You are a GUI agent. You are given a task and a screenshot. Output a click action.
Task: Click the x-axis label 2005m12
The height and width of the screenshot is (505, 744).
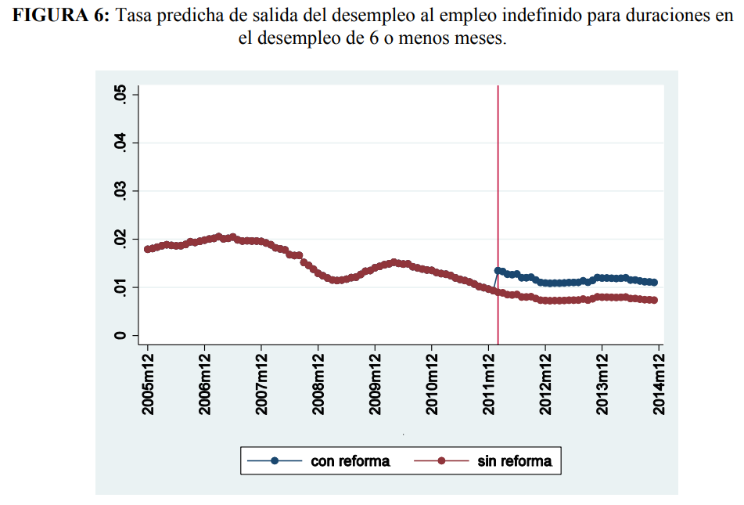[x=148, y=383]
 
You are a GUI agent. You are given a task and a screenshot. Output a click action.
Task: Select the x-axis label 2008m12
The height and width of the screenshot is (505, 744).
[x=318, y=383]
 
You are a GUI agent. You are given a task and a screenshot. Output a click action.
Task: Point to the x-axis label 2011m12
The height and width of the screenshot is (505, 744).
[x=489, y=383]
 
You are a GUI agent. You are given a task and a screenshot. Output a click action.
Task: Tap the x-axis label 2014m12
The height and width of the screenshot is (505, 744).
[x=660, y=383]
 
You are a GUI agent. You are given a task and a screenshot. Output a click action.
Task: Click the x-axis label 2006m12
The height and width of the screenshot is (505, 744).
[x=204, y=383]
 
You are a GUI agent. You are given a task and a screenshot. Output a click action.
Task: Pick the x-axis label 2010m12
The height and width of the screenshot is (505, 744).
[x=432, y=383]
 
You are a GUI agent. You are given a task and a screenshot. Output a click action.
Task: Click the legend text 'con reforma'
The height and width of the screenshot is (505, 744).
[x=350, y=461]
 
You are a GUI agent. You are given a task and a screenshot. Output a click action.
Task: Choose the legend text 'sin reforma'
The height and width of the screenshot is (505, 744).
[x=514, y=461]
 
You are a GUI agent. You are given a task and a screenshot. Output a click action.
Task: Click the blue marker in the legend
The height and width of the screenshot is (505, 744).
[x=275, y=461]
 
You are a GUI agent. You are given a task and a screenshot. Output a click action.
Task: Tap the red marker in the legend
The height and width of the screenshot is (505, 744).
[x=441, y=461]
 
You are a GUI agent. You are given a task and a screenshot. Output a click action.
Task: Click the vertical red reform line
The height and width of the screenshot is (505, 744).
[x=498, y=196]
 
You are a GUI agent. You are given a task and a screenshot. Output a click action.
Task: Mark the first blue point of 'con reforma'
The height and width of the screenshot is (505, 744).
[x=498, y=271]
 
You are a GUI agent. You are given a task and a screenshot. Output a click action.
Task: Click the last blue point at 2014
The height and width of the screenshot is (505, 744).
[x=654, y=283]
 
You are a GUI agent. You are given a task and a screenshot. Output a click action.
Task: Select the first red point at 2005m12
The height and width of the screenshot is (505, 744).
[x=148, y=249]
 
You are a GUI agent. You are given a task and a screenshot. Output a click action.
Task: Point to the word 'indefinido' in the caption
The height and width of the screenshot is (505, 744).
[x=485, y=17]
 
